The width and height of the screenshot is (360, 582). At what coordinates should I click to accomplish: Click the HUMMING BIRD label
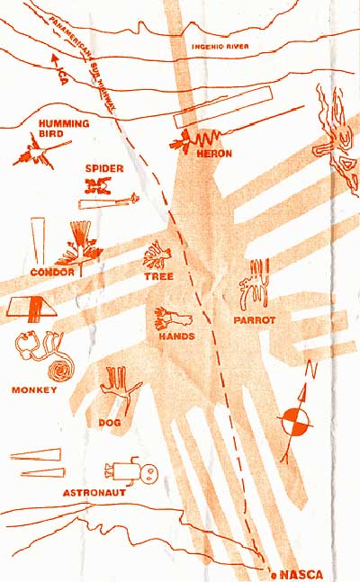pos(64,129)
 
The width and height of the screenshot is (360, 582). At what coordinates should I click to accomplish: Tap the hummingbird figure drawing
pos(39,154)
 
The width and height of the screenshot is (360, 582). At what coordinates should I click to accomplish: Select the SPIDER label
pos(104,168)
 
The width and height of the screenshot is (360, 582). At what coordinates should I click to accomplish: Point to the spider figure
pos(98,185)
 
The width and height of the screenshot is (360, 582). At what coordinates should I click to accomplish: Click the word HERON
pos(214,153)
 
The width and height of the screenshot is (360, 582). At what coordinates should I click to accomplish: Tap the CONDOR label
pos(52,272)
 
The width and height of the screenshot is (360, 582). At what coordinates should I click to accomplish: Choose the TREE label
pos(159,276)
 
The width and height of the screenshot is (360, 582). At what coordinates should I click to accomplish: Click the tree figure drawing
pos(157,255)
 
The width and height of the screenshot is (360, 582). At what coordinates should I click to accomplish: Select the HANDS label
pos(176,336)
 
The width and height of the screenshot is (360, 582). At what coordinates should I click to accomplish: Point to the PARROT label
pos(255,320)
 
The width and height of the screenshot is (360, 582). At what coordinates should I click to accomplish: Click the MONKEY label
pos(34,389)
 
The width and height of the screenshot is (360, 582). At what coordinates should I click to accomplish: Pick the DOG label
pos(110,423)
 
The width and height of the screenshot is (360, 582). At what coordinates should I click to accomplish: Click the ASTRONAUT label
pos(94,493)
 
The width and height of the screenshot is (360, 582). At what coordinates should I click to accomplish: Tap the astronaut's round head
pos(149,473)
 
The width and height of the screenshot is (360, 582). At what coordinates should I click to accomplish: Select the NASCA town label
pos(301,575)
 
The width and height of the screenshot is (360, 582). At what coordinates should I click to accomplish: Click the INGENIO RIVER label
pos(220,47)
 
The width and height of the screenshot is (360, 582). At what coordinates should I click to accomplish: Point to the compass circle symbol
pos(295,421)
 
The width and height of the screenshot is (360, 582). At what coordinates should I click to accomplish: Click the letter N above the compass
pos(311,370)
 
